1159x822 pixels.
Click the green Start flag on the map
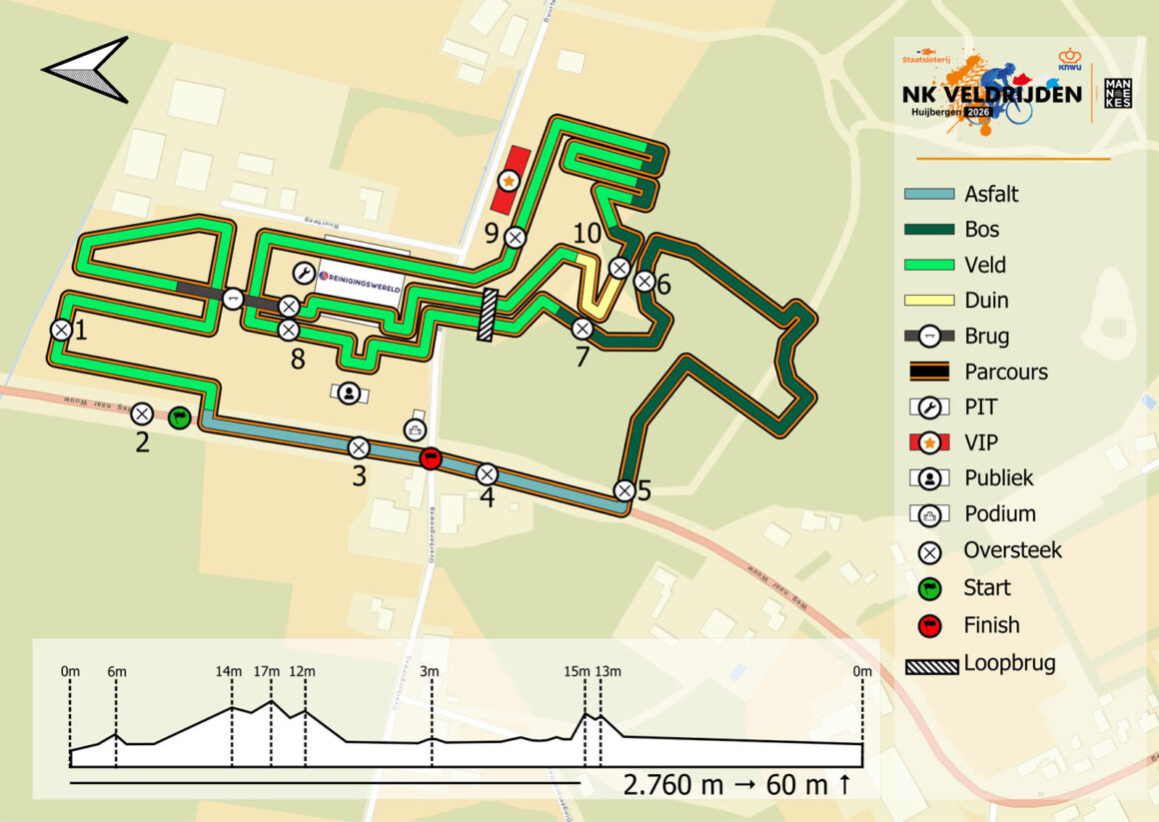point(180,417)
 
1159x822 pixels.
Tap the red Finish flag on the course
point(430,458)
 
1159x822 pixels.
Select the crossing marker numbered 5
point(623,490)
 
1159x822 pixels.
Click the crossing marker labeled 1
point(61,330)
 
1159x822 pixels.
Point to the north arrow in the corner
point(87,69)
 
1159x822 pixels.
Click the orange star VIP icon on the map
point(509,181)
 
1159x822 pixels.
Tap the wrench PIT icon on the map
point(303,272)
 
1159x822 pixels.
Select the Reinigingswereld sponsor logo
point(360,282)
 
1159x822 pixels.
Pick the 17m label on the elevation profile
point(266,671)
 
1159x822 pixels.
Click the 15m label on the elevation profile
point(577,671)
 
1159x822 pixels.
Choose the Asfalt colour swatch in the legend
point(928,194)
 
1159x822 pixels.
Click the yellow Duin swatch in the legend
point(928,300)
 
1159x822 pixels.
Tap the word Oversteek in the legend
point(1012,550)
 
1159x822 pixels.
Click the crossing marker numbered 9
point(515,238)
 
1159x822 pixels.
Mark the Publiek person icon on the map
point(349,394)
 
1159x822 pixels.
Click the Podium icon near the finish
point(415,430)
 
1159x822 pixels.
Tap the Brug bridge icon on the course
point(233,298)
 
